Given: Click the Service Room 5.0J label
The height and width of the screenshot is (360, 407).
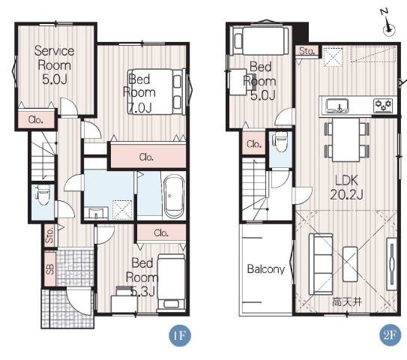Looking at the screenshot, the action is pyautogui.click(x=54, y=65).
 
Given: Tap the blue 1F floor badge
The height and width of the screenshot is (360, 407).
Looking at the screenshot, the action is pyautogui.click(x=180, y=335).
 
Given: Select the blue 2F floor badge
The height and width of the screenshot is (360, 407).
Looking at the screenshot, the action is pyautogui.click(x=390, y=335).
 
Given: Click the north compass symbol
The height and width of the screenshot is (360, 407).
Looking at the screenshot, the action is pyautogui.click(x=388, y=24).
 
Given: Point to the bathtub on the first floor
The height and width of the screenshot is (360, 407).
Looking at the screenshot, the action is pyautogui.click(x=174, y=196).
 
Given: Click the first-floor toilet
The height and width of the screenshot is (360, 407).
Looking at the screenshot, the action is pyautogui.click(x=43, y=195).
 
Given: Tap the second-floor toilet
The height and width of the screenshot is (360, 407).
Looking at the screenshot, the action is pyautogui.click(x=280, y=142).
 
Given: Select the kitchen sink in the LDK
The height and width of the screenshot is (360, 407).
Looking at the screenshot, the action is pyautogui.click(x=337, y=106).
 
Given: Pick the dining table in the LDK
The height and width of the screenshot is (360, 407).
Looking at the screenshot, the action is pyautogui.click(x=346, y=139).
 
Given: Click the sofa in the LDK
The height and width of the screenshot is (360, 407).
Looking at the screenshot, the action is pyautogui.click(x=321, y=264).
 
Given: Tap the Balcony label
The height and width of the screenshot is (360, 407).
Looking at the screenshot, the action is pyautogui.click(x=266, y=269).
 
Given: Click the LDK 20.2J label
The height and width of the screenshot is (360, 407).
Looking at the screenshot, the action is pyautogui.click(x=346, y=187).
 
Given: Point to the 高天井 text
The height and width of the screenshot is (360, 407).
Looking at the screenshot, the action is pyautogui.click(x=347, y=302).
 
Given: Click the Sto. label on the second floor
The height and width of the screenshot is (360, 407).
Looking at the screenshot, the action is pyautogui.click(x=307, y=51).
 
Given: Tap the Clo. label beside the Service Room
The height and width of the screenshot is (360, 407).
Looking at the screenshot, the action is pyautogui.click(x=35, y=120).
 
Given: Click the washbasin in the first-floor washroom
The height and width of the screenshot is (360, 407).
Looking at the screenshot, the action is pyautogui.click(x=96, y=213).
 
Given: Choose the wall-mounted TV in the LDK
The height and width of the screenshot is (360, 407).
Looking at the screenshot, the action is pyautogui.click(x=392, y=264).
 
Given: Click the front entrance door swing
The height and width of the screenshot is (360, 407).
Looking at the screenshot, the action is pyautogui.click(x=79, y=301).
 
